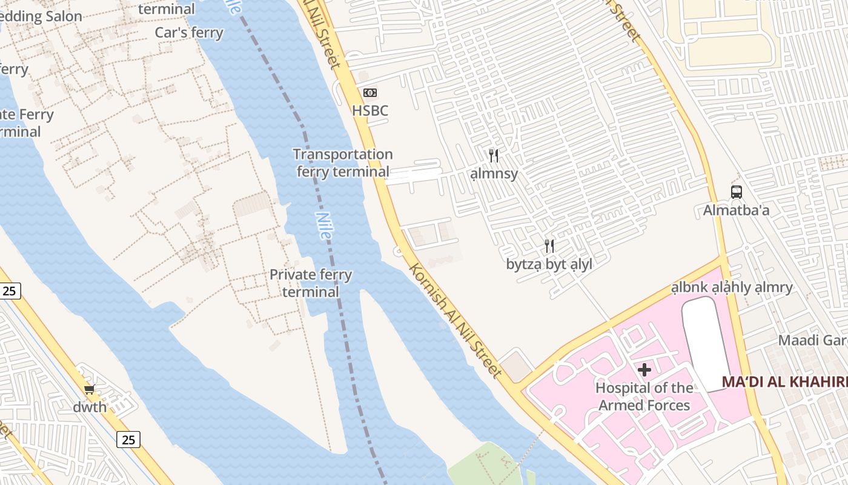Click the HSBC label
click(370, 111)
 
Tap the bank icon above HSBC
click(370, 93)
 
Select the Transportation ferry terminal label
click(343, 163)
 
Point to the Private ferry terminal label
click(311, 283)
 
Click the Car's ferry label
click(189, 33)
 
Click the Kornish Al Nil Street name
click(455, 320)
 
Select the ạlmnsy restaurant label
click(494, 174)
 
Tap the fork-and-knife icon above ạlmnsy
click(494, 156)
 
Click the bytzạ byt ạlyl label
click(549, 264)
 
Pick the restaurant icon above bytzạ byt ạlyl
click(549, 246)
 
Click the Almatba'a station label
click(736, 210)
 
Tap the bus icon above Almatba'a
click(736, 192)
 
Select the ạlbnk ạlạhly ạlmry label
click(732, 287)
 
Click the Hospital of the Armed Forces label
click(644, 396)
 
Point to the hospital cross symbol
click(644, 370)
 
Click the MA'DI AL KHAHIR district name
click(784, 383)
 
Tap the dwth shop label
click(90, 407)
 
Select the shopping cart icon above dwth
click(90, 389)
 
